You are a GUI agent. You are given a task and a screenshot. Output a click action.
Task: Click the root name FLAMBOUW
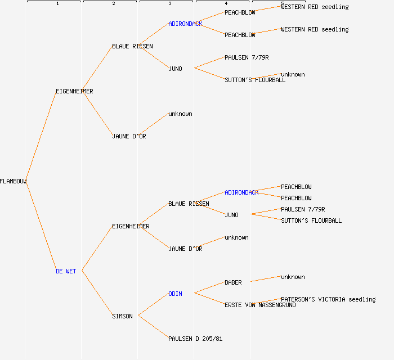(x=14, y=181)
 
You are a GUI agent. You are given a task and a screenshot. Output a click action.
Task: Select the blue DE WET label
(x=66, y=271)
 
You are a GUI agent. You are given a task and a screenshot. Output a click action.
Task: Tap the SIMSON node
(x=122, y=316)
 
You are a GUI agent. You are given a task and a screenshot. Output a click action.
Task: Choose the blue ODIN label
(x=175, y=294)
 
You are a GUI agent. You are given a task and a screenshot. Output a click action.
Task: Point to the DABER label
(x=233, y=282)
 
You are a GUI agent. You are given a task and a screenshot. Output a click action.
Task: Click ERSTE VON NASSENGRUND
(x=260, y=305)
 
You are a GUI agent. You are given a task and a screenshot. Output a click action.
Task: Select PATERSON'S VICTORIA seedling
(x=328, y=299)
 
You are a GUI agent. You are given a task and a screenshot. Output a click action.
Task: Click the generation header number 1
(x=57, y=4)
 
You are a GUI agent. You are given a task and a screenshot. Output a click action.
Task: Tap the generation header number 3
(x=169, y=4)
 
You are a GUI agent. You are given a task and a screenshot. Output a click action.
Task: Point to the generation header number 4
(x=226, y=4)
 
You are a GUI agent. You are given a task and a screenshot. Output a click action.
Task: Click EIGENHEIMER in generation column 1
(x=74, y=91)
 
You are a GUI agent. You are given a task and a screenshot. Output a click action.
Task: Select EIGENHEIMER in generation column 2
(x=131, y=226)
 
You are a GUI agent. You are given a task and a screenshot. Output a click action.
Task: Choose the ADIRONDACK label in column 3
(x=185, y=24)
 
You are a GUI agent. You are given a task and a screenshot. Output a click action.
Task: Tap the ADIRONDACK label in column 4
(x=241, y=192)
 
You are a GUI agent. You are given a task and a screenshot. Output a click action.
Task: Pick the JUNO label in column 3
(x=175, y=69)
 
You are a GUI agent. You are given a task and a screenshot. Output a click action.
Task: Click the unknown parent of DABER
(x=293, y=277)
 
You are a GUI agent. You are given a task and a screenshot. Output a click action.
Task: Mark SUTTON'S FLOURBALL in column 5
(x=311, y=220)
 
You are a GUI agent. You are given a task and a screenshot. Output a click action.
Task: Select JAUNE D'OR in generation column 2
(x=129, y=136)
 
